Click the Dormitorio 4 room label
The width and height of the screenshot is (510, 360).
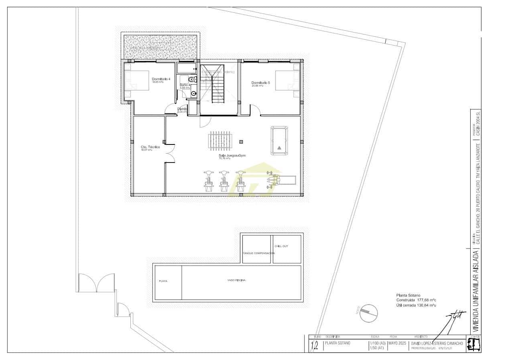161,79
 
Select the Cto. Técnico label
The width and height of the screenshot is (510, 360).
150,147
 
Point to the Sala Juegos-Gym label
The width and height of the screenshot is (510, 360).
232,156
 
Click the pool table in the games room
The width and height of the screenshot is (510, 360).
279,140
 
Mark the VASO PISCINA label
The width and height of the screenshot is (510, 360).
236,280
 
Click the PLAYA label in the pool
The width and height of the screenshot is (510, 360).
163,281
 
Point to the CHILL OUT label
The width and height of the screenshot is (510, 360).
281,246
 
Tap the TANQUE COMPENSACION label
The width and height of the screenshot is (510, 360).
258,253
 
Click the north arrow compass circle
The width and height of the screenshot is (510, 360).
369,313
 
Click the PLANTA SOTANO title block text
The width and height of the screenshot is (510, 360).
337,343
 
